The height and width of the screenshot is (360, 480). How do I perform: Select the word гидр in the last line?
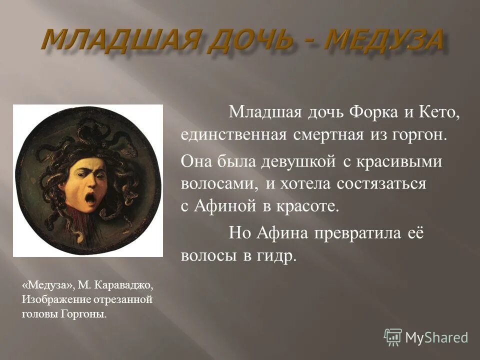coord(276,255)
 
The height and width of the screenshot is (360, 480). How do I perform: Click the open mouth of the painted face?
coord(90,198)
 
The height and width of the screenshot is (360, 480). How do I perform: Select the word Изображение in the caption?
coord(52,299)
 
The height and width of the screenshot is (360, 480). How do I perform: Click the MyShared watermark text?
coord(436,337)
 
